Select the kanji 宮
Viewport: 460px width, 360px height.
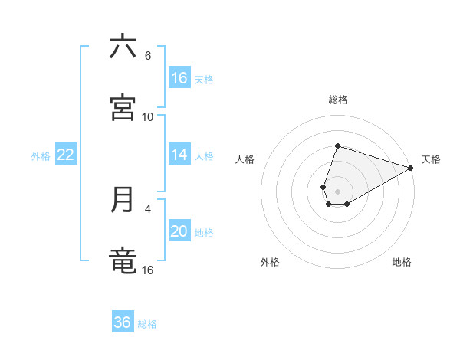[123, 108]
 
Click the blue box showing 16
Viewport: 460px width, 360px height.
[179, 78]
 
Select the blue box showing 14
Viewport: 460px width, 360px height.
[179, 155]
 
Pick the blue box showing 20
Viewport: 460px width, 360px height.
[179, 231]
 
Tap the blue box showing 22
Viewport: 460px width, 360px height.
[66, 155]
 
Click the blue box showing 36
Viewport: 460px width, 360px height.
[123, 322]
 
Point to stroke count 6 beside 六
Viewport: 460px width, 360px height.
[148, 56]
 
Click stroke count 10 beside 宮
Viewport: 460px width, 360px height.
[148, 117]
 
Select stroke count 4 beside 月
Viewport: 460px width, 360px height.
[148, 208]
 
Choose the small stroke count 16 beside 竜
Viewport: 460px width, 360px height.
[148, 270]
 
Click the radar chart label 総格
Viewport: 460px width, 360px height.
[338, 100]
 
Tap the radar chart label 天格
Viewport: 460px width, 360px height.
[431, 159]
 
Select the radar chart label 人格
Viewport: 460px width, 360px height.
[245, 159]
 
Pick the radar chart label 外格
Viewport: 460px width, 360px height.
[270, 262]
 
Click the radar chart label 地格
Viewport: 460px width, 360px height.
[402, 262]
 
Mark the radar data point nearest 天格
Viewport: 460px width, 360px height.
[410, 168]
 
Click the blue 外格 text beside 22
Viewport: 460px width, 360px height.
[41, 156]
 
